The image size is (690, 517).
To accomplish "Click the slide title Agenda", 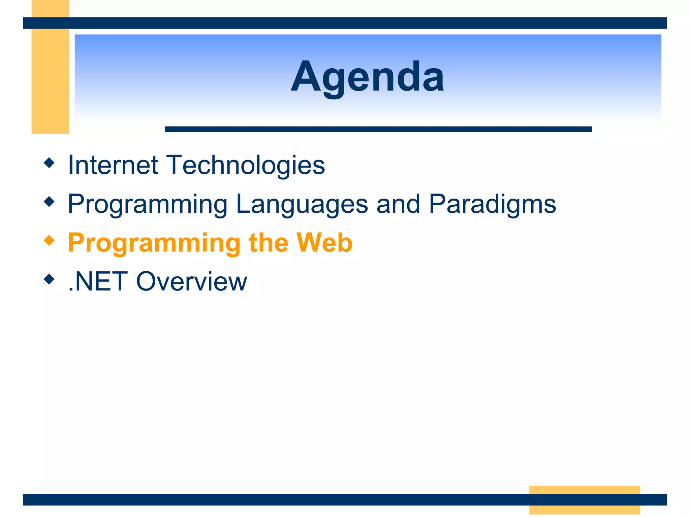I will click(x=367, y=77).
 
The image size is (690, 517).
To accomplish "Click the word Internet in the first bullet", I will click(x=113, y=165).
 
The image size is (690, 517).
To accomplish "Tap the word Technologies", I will click(x=246, y=165).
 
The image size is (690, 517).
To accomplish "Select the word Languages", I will click(x=302, y=204).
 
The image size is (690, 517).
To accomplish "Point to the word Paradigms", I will click(x=492, y=204).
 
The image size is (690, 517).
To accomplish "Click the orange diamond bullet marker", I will click(x=49, y=240).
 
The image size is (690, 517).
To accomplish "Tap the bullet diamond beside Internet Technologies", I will click(x=49, y=163).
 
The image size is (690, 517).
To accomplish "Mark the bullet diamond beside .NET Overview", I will click(x=49, y=279).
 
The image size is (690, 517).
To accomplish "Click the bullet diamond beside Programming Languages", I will click(x=49, y=202).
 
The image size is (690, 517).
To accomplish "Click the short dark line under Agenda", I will click(x=378, y=129).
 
